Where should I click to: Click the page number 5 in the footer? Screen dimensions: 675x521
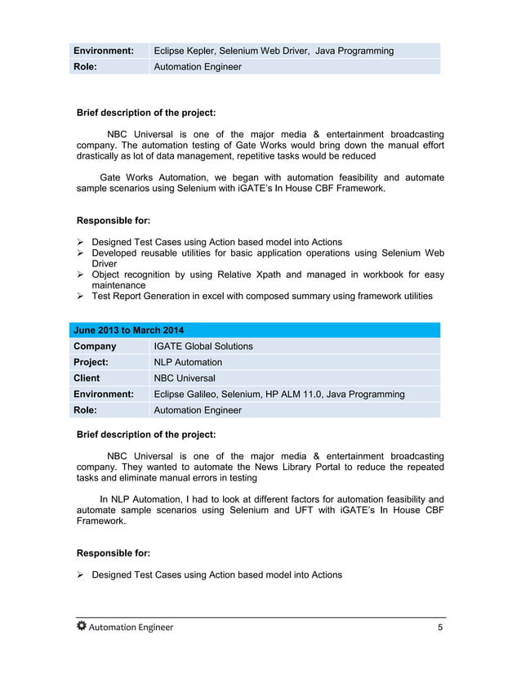tap(441, 628)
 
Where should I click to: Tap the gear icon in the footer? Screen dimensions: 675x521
tap(81, 627)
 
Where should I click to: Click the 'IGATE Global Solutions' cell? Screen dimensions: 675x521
tap(203, 346)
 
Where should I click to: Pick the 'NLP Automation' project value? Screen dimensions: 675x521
tap(188, 362)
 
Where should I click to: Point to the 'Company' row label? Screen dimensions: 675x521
tap(95, 346)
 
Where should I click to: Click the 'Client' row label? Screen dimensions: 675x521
tap(87, 378)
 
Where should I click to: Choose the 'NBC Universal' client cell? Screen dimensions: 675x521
tap(185, 378)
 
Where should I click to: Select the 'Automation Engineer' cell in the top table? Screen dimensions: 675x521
tap(198, 66)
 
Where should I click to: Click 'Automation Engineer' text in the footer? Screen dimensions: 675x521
tap(131, 628)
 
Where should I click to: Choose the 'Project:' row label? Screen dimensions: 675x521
tap(91, 362)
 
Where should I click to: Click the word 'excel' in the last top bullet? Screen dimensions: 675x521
tap(212, 296)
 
